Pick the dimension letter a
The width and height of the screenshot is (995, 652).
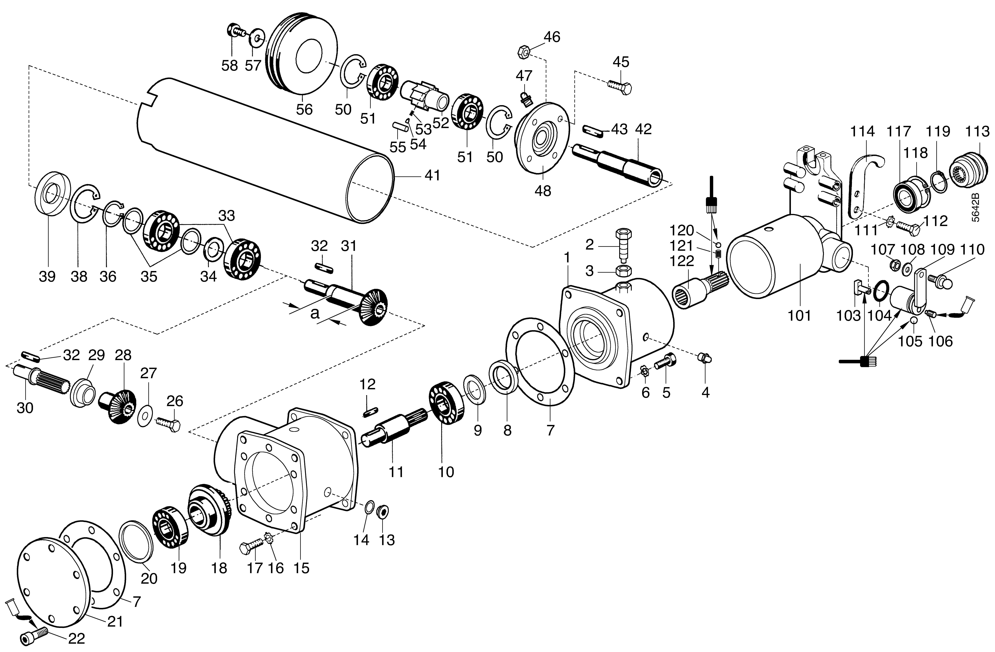pos(315,313)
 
